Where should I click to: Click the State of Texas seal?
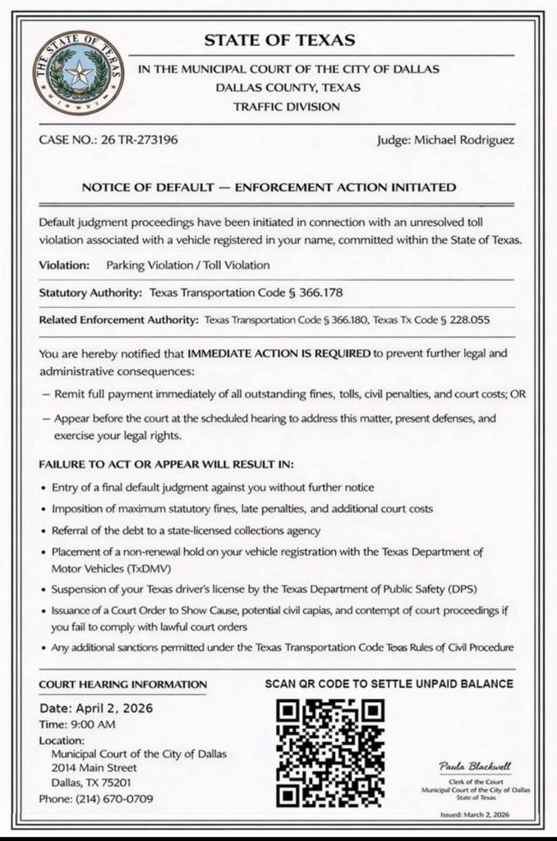click(x=79, y=74)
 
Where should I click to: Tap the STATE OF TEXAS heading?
click(x=279, y=40)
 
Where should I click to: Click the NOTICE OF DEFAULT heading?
click(x=269, y=187)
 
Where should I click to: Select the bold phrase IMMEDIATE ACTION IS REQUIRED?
click(x=279, y=355)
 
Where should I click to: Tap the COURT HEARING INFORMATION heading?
click(x=123, y=684)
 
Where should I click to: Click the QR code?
click(x=330, y=752)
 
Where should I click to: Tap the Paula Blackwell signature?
click(x=476, y=767)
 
